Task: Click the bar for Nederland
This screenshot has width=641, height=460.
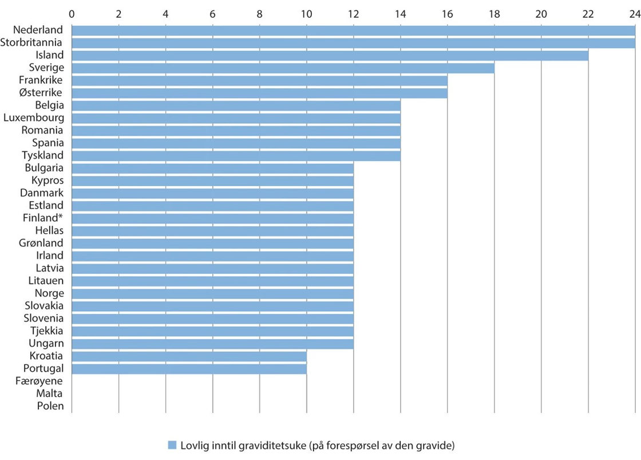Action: click(x=353, y=30)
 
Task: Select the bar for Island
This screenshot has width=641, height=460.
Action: click(x=330, y=55)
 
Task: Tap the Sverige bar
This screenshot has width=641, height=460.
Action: click(x=283, y=68)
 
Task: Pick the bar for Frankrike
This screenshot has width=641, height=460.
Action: click(x=259, y=80)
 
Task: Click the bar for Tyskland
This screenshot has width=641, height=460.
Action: click(x=236, y=155)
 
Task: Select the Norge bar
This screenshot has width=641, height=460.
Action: click(x=212, y=293)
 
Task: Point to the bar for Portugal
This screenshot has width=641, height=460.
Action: click(x=189, y=368)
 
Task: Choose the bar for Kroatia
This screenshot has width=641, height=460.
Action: click(x=189, y=356)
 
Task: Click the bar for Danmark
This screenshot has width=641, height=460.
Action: click(x=212, y=193)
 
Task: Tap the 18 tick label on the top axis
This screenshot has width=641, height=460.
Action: click(x=494, y=13)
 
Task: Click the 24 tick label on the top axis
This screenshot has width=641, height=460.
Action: click(x=635, y=13)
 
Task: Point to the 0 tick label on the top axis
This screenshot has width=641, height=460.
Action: click(x=72, y=13)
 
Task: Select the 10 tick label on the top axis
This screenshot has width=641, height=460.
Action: click(x=306, y=13)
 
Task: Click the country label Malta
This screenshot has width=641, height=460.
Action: click(x=49, y=394)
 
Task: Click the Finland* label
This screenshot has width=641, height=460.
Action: click(x=43, y=218)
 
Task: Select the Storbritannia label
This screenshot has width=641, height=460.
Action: click(x=33, y=42)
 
